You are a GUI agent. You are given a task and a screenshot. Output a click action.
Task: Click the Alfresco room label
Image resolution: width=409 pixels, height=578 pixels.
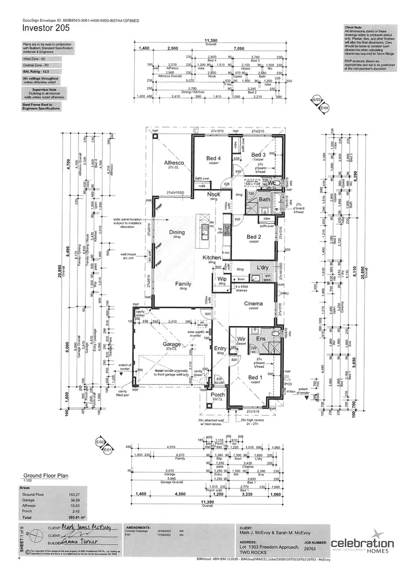tap(174, 163)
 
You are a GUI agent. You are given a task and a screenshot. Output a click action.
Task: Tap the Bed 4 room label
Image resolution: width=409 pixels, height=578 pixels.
tap(213, 159)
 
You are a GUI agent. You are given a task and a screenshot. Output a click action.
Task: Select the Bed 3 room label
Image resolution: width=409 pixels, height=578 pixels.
tap(258, 155)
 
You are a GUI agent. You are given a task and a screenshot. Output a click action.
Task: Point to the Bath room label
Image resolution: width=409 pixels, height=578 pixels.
tap(264, 200)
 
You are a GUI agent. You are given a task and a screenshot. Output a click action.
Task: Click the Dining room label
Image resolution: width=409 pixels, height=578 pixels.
tap(177, 232)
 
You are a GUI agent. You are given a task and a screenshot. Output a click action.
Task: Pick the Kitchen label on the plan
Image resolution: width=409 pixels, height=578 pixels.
tap(212, 257)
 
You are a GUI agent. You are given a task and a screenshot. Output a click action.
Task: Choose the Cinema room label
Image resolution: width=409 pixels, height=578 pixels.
tap(254, 304)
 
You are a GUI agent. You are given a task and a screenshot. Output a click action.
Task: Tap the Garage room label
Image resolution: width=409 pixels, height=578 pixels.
tap(172, 345)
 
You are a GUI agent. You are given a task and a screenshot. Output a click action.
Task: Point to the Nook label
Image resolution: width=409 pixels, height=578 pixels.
tap(213, 194)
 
